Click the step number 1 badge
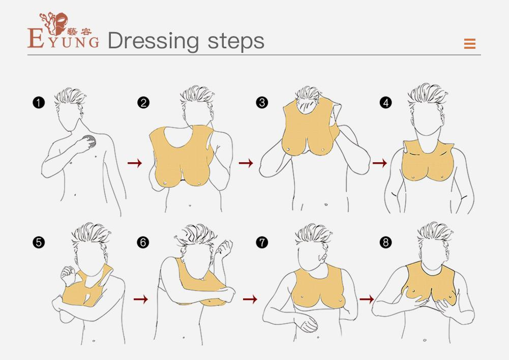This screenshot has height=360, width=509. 39,103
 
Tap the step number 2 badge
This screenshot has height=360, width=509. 143,103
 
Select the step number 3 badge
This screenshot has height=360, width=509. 262,103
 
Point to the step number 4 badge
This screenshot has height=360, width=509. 385,103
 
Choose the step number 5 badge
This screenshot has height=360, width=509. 39,242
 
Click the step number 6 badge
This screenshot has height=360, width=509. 143,242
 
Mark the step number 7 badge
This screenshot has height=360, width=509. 262,242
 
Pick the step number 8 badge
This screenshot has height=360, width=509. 385,242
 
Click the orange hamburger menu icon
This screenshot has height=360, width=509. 470,44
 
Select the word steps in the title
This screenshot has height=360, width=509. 236,42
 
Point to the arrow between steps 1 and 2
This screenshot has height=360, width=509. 135,163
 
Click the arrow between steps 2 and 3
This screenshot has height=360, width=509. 246,163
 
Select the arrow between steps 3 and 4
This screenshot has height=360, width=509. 379,163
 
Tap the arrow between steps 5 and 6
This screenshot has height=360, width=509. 140,299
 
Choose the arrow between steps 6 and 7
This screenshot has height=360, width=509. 250,299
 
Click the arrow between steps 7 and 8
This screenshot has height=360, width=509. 367,299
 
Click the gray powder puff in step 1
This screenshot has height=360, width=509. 89,141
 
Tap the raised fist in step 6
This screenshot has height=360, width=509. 225,248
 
